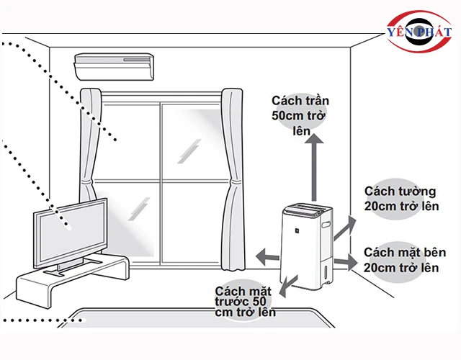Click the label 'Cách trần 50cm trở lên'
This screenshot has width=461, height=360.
(295, 115)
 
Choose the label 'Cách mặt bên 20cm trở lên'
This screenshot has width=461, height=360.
(403, 260)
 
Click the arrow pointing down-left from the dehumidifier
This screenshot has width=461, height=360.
(288, 284)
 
